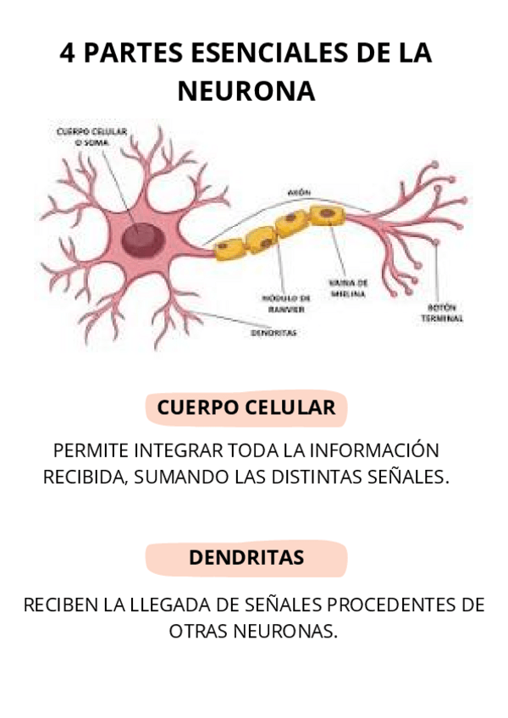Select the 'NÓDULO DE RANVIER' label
tap(284, 304)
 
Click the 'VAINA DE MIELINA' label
tap(348, 288)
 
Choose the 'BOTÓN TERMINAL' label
tap(443, 312)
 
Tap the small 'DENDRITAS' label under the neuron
tap(273, 333)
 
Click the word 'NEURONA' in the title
tap(246, 91)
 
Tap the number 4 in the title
tap(68, 53)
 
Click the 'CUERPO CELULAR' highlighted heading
tap(246, 407)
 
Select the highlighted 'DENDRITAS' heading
tap(246, 558)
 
